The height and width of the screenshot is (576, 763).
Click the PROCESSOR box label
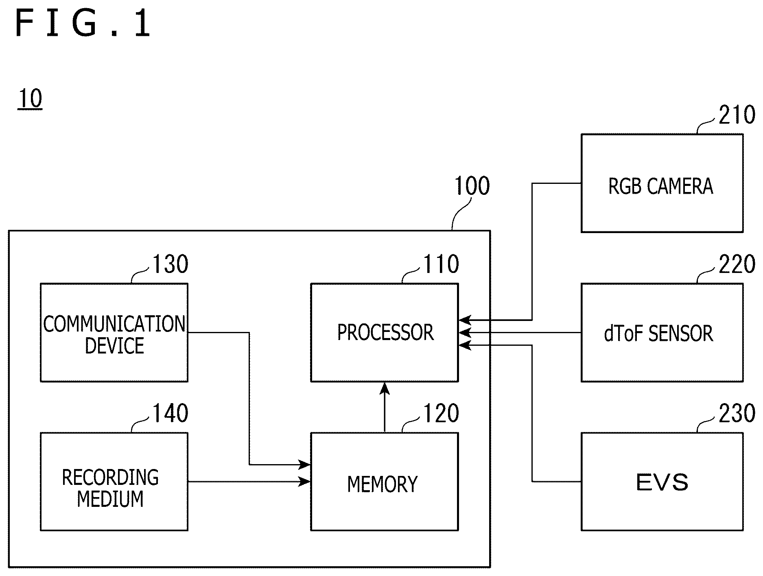(385, 332)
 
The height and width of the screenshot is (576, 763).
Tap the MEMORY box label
(383, 484)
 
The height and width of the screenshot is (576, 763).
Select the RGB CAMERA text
(661, 186)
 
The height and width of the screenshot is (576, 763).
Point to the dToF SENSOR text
(659, 333)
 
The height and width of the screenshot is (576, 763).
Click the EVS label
(662, 482)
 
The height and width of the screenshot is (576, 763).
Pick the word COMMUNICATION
(114, 324)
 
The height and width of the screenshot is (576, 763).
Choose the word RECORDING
(110, 477)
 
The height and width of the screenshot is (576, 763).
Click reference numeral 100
(472, 186)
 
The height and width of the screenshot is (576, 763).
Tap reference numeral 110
(442, 264)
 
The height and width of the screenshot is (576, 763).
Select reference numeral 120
(442, 413)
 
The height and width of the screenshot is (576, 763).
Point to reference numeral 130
(171, 264)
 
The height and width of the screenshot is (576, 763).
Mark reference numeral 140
(171, 413)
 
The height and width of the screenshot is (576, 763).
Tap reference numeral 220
(737, 264)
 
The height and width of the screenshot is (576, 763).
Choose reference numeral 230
(737, 413)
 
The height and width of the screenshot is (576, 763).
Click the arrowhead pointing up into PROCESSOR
(385, 388)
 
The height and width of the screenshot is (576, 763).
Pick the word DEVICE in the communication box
(114, 345)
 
